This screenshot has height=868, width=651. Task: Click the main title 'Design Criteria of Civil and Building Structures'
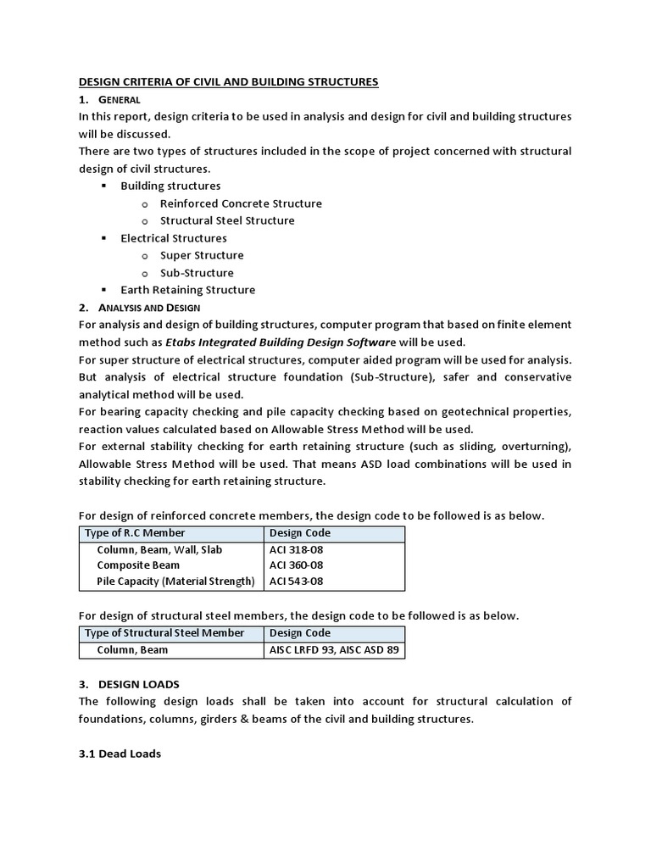point(228,82)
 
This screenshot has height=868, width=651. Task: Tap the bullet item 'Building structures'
point(170,186)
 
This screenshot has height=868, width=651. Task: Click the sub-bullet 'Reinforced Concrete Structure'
point(241,203)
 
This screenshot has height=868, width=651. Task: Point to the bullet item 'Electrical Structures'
point(174,238)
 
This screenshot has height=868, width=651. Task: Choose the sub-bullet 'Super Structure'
point(202,255)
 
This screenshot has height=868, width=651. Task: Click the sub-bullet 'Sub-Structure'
point(197,273)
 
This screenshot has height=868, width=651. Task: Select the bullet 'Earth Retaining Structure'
point(187,290)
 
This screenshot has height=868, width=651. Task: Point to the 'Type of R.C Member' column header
point(134,533)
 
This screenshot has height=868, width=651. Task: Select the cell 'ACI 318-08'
point(296,550)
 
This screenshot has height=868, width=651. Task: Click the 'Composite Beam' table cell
point(137,565)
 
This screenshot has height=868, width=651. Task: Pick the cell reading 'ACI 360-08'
point(296,565)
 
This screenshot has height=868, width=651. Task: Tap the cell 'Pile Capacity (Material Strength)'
point(175,581)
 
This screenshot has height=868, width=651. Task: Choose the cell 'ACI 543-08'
point(296,581)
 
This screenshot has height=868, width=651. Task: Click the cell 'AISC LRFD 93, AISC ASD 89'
point(334,650)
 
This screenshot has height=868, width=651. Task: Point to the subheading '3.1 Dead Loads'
point(120,753)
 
